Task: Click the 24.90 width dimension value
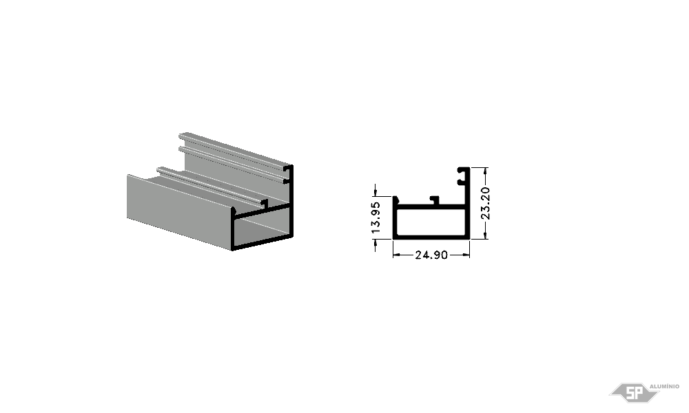coord(431,255)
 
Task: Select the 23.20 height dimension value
coord(486,203)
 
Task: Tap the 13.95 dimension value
coord(376,218)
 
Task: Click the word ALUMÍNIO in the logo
coord(664,386)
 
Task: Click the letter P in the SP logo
coord(639,393)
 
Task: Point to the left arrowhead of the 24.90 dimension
coord(396,255)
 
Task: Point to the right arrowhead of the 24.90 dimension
coord(466,255)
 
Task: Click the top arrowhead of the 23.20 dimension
coord(486,171)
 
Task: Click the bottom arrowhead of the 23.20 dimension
coord(486,235)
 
